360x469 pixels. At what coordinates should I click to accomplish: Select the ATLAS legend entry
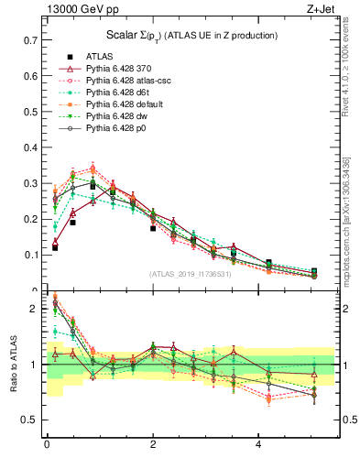pos(102,56)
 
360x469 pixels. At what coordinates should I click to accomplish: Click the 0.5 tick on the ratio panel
pos(29,420)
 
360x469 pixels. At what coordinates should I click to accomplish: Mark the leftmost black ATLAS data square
pos(55,247)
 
